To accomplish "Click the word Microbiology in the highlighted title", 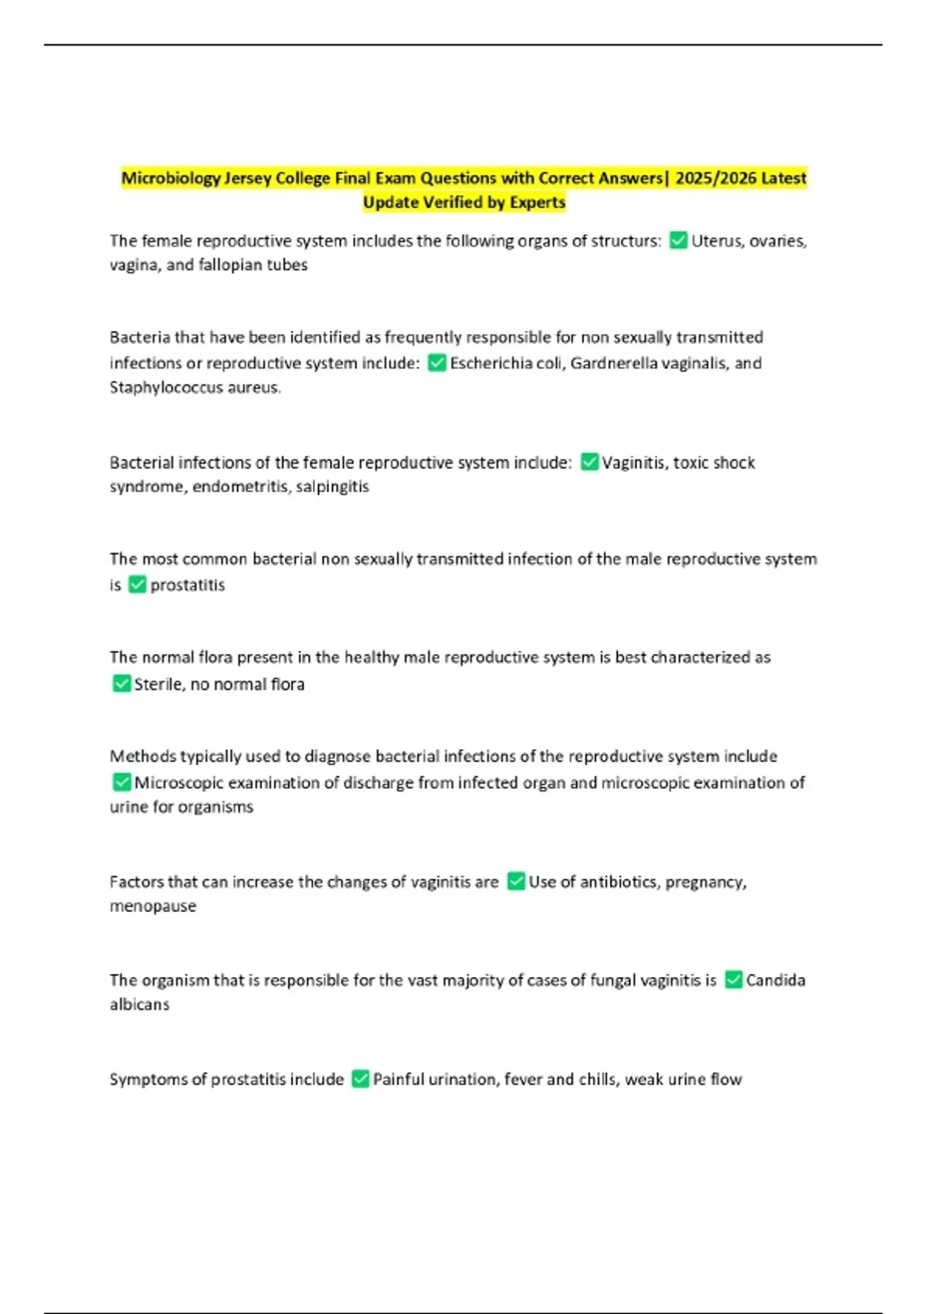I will [171, 179].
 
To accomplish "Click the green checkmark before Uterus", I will [678, 240].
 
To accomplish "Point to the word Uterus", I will [716, 241].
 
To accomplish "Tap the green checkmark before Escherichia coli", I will [436, 363].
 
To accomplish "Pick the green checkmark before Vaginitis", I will [589, 461].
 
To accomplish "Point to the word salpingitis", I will [332, 487].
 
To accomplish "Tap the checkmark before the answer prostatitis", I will [137, 584].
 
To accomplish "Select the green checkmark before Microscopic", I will [121, 782].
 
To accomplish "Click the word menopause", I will [153, 906].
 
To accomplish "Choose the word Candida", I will [775, 980].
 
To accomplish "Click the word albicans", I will [139, 1004].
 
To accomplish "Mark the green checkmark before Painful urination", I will [360, 1078].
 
